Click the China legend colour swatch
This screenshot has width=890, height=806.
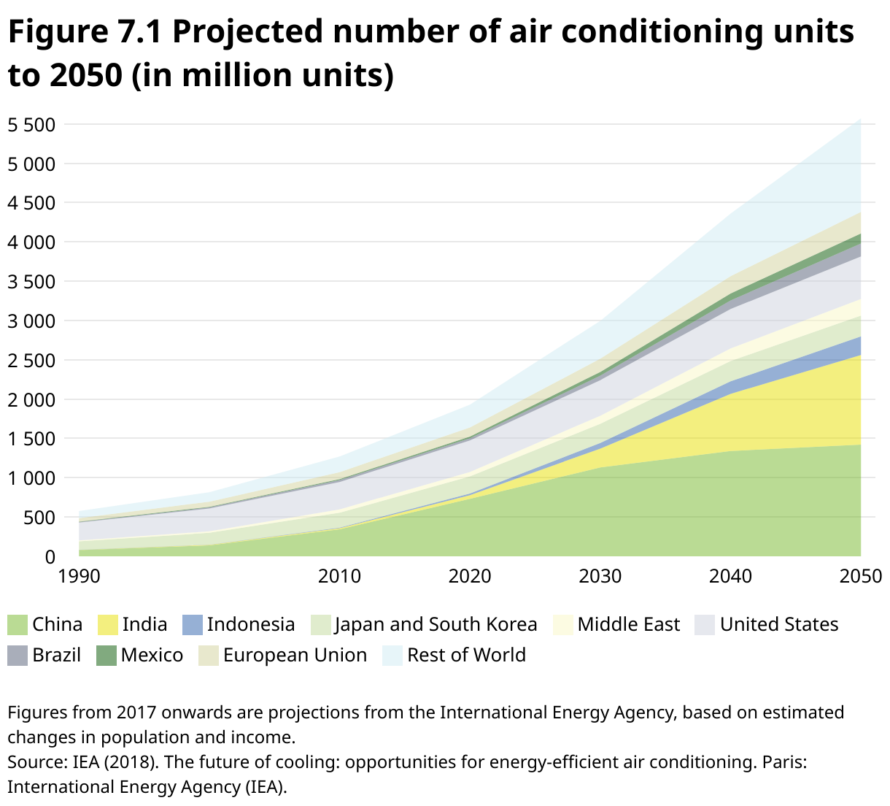click(x=18, y=625)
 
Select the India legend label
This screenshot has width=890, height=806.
click(x=144, y=625)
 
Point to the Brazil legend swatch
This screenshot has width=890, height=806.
click(x=18, y=655)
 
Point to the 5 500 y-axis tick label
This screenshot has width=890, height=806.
click(x=31, y=125)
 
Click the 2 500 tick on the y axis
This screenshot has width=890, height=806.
click(x=31, y=361)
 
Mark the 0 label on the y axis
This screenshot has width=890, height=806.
click(x=50, y=557)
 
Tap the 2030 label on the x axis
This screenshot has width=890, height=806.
click(x=600, y=577)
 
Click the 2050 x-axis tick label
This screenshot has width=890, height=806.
click(x=860, y=577)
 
